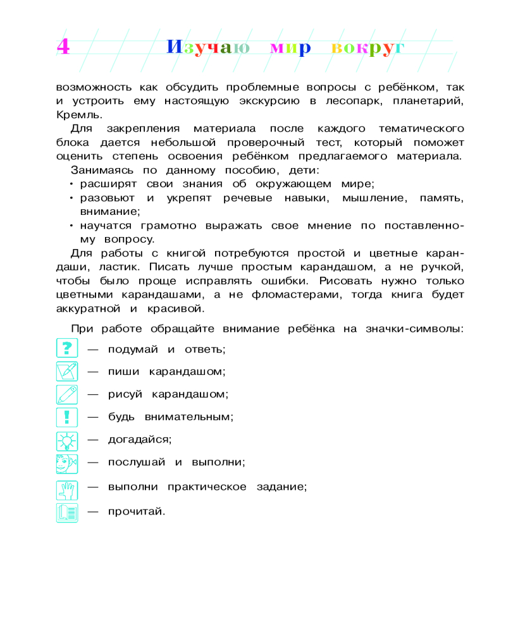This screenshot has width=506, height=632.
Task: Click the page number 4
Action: [63, 47]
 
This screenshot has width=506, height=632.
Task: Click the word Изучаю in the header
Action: [208, 48]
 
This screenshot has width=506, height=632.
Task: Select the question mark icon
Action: [66, 348]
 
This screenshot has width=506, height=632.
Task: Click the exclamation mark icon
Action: [66, 417]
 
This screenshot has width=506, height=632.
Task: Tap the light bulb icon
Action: [66, 439]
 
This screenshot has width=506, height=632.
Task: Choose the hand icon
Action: [66, 487]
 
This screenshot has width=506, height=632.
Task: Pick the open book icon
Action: [66, 511]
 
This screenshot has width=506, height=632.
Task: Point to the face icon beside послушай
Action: [66, 463]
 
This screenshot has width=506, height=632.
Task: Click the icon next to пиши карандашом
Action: [66, 372]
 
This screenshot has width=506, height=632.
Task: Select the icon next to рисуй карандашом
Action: [66, 394]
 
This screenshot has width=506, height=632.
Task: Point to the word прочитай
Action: [136, 511]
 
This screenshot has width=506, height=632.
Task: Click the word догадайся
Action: [140, 439]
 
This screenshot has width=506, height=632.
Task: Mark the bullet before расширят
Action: [72, 185]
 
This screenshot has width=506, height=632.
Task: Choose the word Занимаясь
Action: [99, 170]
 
